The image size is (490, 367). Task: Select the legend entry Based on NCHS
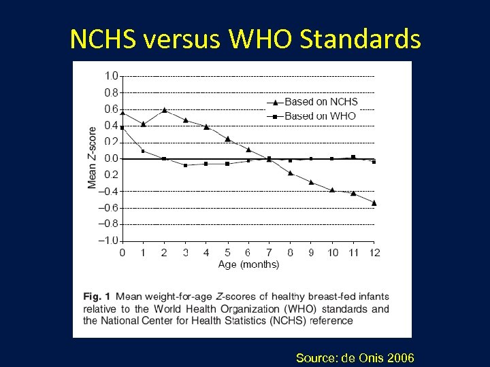(x=320, y=102)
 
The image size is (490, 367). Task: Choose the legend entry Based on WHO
(x=319, y=116)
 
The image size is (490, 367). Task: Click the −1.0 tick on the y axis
(x=109, y=241)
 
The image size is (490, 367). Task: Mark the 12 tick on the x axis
(x=374, y=253)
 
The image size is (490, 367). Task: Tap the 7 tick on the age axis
(x=269, y=253)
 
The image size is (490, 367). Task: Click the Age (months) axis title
(x=248, y=264)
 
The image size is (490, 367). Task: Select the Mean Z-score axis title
(x=93, y=158)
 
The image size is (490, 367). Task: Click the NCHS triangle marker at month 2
(x=164, y=109)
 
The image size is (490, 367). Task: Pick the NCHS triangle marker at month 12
(x=374, y=203)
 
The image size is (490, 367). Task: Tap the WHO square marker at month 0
(x=122, y=128)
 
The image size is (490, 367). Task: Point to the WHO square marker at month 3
(x=185, y=165)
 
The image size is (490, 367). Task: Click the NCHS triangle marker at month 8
(x=290, y=173)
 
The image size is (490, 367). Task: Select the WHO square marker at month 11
(x=353, y=157)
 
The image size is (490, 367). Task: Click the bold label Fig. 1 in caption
(x=97, y=297)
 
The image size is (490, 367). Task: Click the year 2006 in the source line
(x=399, y=357)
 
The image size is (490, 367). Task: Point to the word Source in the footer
(x=315, y=357)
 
